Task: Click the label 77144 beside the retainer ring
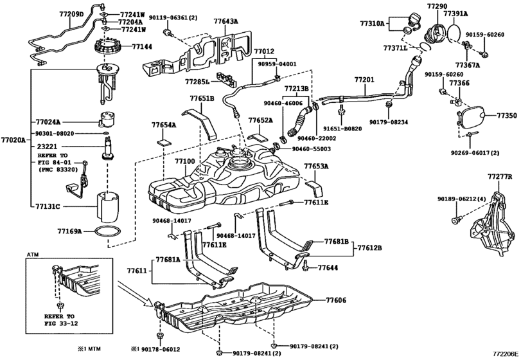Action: point(143,47)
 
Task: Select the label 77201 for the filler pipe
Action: point(364,80)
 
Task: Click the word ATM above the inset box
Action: point(32,255)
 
